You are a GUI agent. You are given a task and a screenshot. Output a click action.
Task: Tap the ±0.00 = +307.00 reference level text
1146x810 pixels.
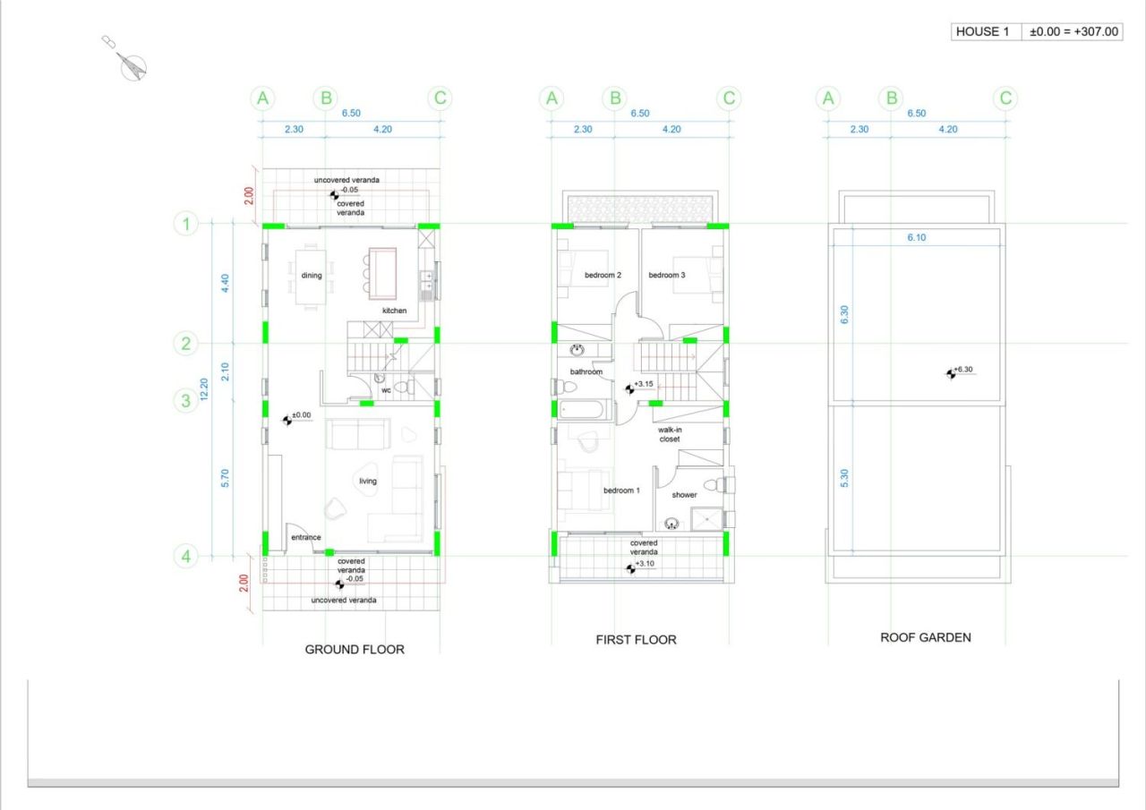pyautogui.click(x=1073, y=31)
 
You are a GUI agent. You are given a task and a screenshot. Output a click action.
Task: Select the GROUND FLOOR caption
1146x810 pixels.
pyautogui.click(x=355, y=650)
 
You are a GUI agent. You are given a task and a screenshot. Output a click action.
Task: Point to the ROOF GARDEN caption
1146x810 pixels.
pyautogui.click(x=926, y=637)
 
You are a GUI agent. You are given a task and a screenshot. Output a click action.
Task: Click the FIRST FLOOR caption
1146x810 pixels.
pyautogui.click(x=636, y=640)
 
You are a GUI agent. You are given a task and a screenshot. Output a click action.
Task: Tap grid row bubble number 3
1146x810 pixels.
pyautogui.click(x=185, y=400)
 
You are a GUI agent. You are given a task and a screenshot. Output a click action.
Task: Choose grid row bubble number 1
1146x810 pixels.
pyautogui.click(x=185, y=224)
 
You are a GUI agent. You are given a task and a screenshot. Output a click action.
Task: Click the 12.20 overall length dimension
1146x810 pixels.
pyautogui.click(x=204, y=389)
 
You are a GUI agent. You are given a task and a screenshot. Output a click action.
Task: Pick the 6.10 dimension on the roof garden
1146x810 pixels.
pyautogui.click(x=916, y=237)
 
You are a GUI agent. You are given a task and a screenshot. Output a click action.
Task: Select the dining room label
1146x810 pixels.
pyautogui.click(x=311, y=275)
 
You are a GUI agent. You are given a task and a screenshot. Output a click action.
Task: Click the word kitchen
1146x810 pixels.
pyautogui.click(x=395, y=311)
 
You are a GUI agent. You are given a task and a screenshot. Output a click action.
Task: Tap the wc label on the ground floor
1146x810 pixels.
pyautogui.click(x=386, y=390)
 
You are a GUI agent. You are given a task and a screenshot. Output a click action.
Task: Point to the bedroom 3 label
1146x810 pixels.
pyautogui.click(x=667, y=275)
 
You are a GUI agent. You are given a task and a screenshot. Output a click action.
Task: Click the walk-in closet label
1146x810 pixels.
pyautogui.click(x=670, y=435)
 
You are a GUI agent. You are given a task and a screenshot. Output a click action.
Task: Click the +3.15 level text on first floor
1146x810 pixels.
pyautogui.click(x=644, y=384)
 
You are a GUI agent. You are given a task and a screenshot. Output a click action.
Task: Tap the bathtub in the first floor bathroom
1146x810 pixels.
pyautogui.click(x=583, y=410)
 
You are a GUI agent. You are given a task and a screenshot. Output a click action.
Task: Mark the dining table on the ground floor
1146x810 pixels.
pyautogui.click(x=311, y=277)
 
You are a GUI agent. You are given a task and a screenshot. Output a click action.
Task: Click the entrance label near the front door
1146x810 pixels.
pyautogui.click(x=306, y=537)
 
